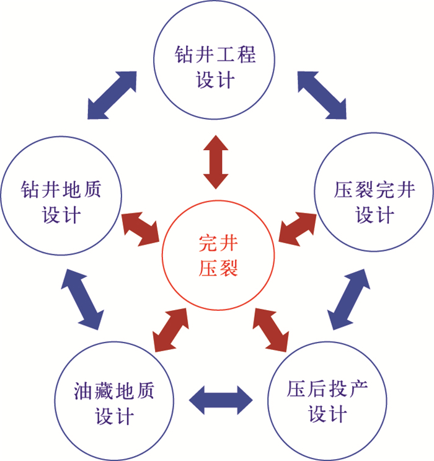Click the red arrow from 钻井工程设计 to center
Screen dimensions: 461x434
point(216,161)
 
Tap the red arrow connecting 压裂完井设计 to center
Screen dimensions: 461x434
point(296,227)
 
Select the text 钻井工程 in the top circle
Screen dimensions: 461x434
point(215,55)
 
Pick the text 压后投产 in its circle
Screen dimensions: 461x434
point(327,389)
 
